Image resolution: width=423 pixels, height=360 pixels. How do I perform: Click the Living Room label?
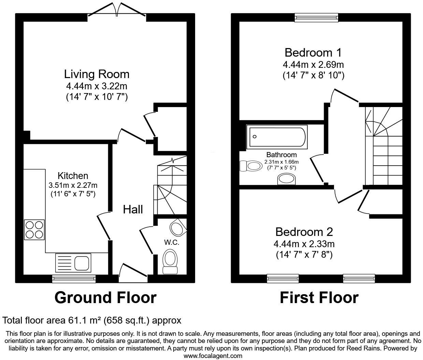97,74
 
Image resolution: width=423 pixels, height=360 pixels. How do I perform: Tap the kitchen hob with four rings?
34,229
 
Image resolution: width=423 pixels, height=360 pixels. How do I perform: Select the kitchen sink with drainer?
73,262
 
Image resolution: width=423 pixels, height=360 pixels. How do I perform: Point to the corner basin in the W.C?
178,228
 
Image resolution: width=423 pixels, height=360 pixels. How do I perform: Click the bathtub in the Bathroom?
277,137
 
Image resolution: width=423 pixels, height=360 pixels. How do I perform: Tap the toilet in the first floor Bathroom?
251,166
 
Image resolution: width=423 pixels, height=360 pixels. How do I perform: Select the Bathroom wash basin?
286,179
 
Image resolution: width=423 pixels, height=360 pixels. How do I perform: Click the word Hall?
133,209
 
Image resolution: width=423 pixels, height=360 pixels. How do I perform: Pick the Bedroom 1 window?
316,18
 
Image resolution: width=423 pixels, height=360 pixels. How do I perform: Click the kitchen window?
74,279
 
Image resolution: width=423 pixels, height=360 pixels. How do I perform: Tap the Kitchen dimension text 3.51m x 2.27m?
73,185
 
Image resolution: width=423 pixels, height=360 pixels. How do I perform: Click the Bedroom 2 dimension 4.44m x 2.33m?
304,244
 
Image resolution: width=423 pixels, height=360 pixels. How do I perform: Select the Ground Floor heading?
106,298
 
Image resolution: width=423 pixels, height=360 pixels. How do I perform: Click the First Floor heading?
319,298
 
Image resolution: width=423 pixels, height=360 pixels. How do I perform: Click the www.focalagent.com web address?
213,356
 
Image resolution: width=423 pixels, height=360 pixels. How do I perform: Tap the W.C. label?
172,243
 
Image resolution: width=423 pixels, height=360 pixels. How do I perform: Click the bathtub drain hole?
254,137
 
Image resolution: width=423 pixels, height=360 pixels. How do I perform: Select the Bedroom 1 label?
313,53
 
